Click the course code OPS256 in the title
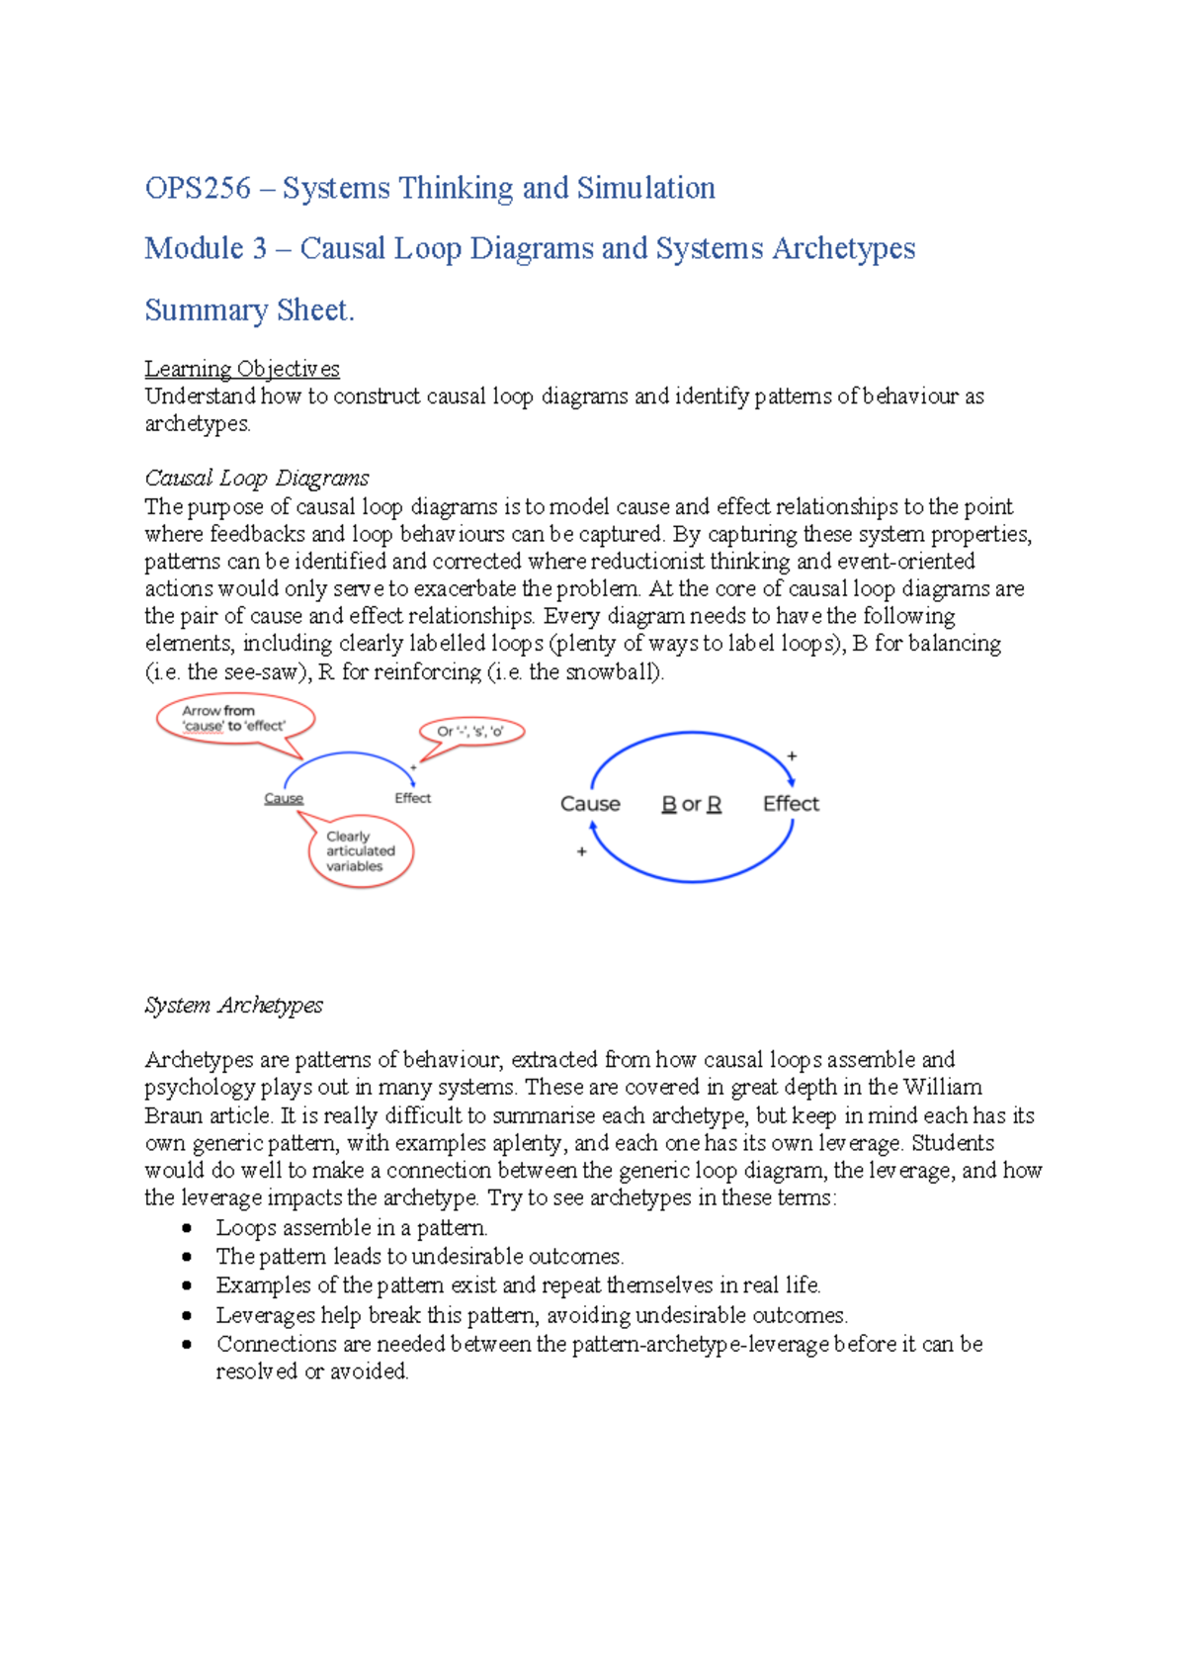coord(198,188)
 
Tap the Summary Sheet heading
coord(249,310)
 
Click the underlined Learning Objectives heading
coord(242,369)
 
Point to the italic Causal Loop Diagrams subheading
coord(257,479)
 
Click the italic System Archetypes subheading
coord(234,1006)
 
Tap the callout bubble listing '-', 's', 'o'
coord(470,732)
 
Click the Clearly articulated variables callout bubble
coord(360,851)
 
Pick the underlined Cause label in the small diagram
coord(284,799)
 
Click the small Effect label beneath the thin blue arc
coord(413,798)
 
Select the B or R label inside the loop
coord(691,805)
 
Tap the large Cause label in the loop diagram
coord(590,805)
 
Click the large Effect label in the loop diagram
coord(791,804)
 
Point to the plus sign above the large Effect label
coord(792,756)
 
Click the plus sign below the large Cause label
coord(582,851)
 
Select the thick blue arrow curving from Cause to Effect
coord(692,734)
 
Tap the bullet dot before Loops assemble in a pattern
coord(187,1228)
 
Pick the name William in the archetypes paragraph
coord(943,1088)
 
